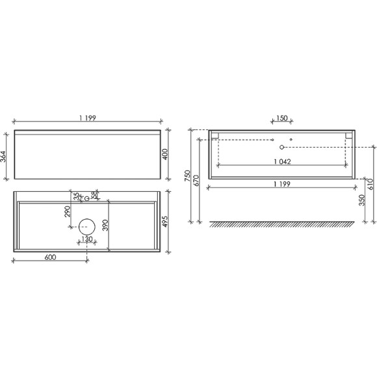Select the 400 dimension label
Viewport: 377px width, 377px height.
[166, 155]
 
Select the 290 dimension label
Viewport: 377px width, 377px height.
[66, 212]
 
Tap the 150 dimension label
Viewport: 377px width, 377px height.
[281, 119]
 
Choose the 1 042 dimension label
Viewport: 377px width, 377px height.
[281, 161]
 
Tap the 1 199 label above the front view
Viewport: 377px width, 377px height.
[88, 118]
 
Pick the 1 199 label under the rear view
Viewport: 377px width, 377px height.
[281, 184]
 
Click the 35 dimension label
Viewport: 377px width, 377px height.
[76, 194]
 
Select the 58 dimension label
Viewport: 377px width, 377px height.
[95, 194]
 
